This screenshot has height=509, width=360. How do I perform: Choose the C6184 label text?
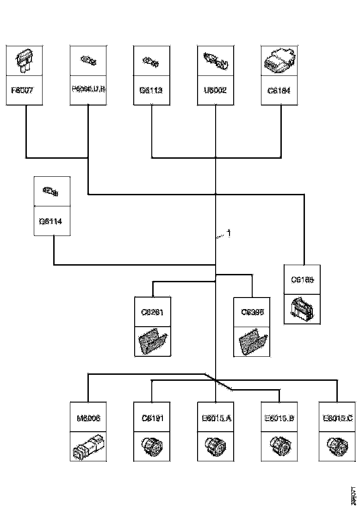pyautogui.click(x=279, y=90)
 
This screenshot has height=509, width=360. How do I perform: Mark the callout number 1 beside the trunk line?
pyautogui.click(x=229, y=234)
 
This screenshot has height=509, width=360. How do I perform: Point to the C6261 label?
pyautogui.click(x=152, y=312)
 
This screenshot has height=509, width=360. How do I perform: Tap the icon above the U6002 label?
pyautogui.click(x=216, y=61)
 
